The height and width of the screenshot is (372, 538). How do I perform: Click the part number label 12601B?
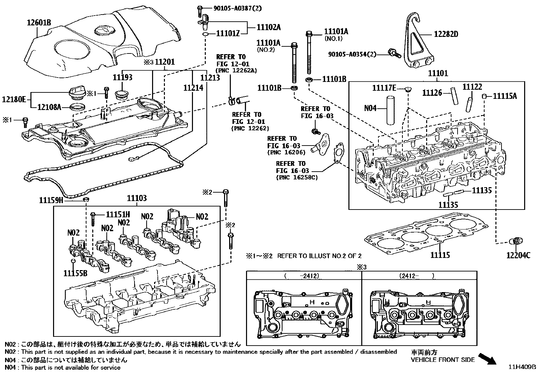(x=39, y=23)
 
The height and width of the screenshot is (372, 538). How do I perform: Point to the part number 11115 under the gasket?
(x=440, y=255)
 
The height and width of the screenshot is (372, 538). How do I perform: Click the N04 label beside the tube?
(x=370, y=108)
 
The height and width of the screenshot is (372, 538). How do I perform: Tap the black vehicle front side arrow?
(x=488, y=358)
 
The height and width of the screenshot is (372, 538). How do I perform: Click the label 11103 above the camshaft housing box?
(x=137, y=198)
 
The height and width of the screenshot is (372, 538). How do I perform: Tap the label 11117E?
(x=384, y=88)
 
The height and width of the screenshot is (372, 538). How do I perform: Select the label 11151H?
(x=118, y=214)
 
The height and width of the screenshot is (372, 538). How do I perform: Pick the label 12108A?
(x=49, y=107)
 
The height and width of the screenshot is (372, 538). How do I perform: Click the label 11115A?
(x=505, y=96)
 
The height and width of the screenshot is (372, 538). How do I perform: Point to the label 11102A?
(x=269, y=27)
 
